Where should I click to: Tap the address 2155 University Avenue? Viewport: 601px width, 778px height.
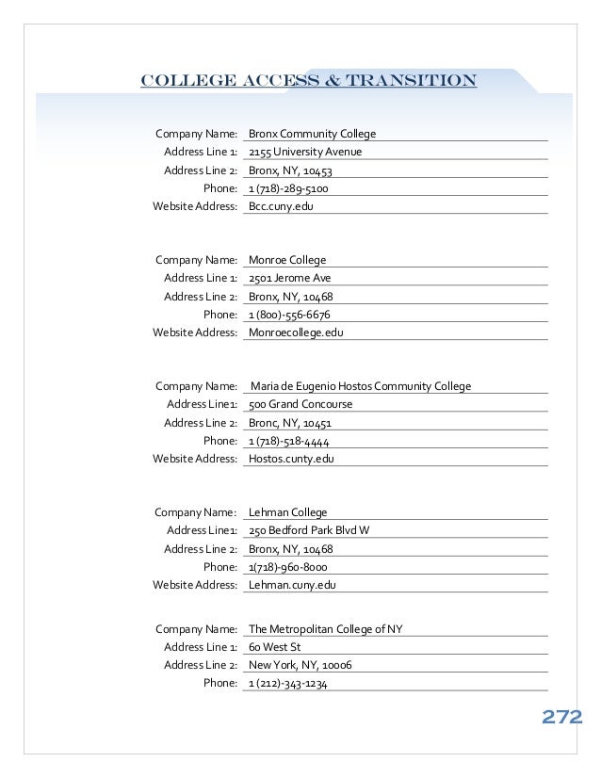(305, 153)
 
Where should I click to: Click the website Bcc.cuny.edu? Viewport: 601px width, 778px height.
(280, 206)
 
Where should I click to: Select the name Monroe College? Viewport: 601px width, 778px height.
(287, 260)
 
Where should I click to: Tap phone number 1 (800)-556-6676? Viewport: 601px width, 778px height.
(289, 315)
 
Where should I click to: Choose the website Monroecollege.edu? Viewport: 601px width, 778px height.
(296, 332)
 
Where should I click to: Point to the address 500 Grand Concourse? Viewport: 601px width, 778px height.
(300, 404)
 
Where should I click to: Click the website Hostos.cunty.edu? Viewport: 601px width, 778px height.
(291, 459)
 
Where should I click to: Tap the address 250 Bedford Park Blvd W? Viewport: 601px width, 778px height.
(309, 530)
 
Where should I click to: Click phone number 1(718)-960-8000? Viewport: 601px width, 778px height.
(287, 567)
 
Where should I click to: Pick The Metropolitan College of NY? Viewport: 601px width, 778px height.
(326, 629)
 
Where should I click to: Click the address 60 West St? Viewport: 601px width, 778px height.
(274, 648)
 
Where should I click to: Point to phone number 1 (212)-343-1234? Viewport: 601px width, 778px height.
(288, 684)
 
